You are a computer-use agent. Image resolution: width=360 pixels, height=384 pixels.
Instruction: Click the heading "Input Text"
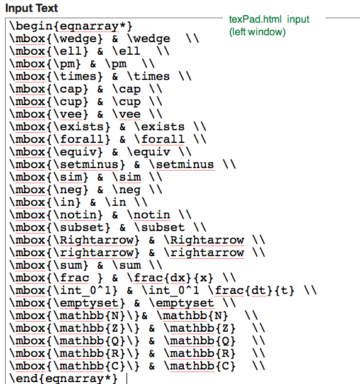[31, 8]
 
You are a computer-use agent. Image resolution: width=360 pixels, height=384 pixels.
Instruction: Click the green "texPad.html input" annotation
[269, 20]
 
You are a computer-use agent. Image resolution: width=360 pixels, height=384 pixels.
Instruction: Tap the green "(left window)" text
[257, 32]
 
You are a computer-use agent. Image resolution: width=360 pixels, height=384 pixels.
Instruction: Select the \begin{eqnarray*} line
[71, 26]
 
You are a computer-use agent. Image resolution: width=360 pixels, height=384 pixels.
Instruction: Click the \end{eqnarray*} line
[64, 378]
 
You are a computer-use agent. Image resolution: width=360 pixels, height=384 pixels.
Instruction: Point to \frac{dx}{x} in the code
[170, 278]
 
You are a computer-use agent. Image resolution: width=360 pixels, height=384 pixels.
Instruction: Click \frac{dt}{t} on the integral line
[251, 291]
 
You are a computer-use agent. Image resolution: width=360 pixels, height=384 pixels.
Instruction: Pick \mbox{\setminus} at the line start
[67, 164]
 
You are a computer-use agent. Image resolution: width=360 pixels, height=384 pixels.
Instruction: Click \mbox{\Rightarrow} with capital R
[75, 240]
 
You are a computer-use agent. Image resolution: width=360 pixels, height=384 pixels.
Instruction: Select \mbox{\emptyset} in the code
[67, 303]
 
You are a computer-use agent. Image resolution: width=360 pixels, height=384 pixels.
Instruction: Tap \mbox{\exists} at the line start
[60, 127]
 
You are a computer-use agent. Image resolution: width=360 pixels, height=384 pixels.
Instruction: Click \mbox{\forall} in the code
[60, 139]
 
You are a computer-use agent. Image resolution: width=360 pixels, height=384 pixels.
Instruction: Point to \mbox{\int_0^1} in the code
[64, 291]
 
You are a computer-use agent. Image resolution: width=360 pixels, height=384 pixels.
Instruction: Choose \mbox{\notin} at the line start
[56, 215]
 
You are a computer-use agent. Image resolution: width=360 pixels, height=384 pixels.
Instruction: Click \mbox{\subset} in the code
[60, 227]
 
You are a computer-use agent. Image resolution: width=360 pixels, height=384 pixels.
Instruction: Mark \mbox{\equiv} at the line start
[56, 152]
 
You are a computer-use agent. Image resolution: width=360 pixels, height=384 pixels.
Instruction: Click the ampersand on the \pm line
[93, 64]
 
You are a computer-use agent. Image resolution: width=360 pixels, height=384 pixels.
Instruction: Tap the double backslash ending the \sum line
[155, 266]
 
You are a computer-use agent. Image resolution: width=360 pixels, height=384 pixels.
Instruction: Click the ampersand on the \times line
[115, 77]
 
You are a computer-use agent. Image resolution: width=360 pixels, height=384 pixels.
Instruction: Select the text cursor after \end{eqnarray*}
[127, 378]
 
